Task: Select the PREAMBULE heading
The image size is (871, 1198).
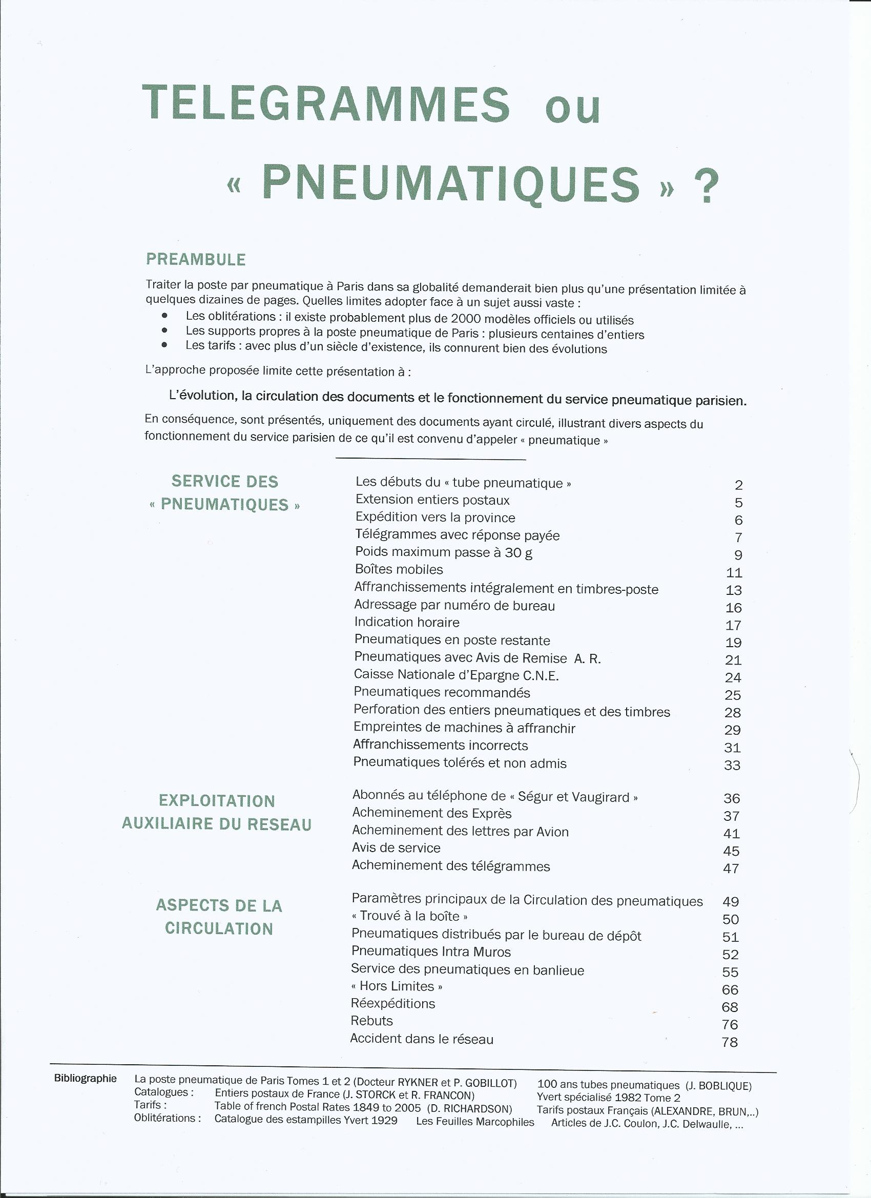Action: click(196, 259)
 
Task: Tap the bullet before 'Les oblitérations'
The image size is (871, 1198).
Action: click(165, 315)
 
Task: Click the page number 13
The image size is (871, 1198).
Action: click(734, 590)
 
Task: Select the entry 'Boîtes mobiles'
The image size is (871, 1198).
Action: click(399, 569)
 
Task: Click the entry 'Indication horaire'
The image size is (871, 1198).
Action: click(407, 622)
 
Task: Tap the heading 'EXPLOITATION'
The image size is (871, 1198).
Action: click(217, 801)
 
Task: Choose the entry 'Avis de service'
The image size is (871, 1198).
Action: click(396, 848)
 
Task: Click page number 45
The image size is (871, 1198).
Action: click(731, 851)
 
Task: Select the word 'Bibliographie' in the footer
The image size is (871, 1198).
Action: click(86, 1079)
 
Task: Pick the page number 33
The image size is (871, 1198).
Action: click(732, 766)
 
